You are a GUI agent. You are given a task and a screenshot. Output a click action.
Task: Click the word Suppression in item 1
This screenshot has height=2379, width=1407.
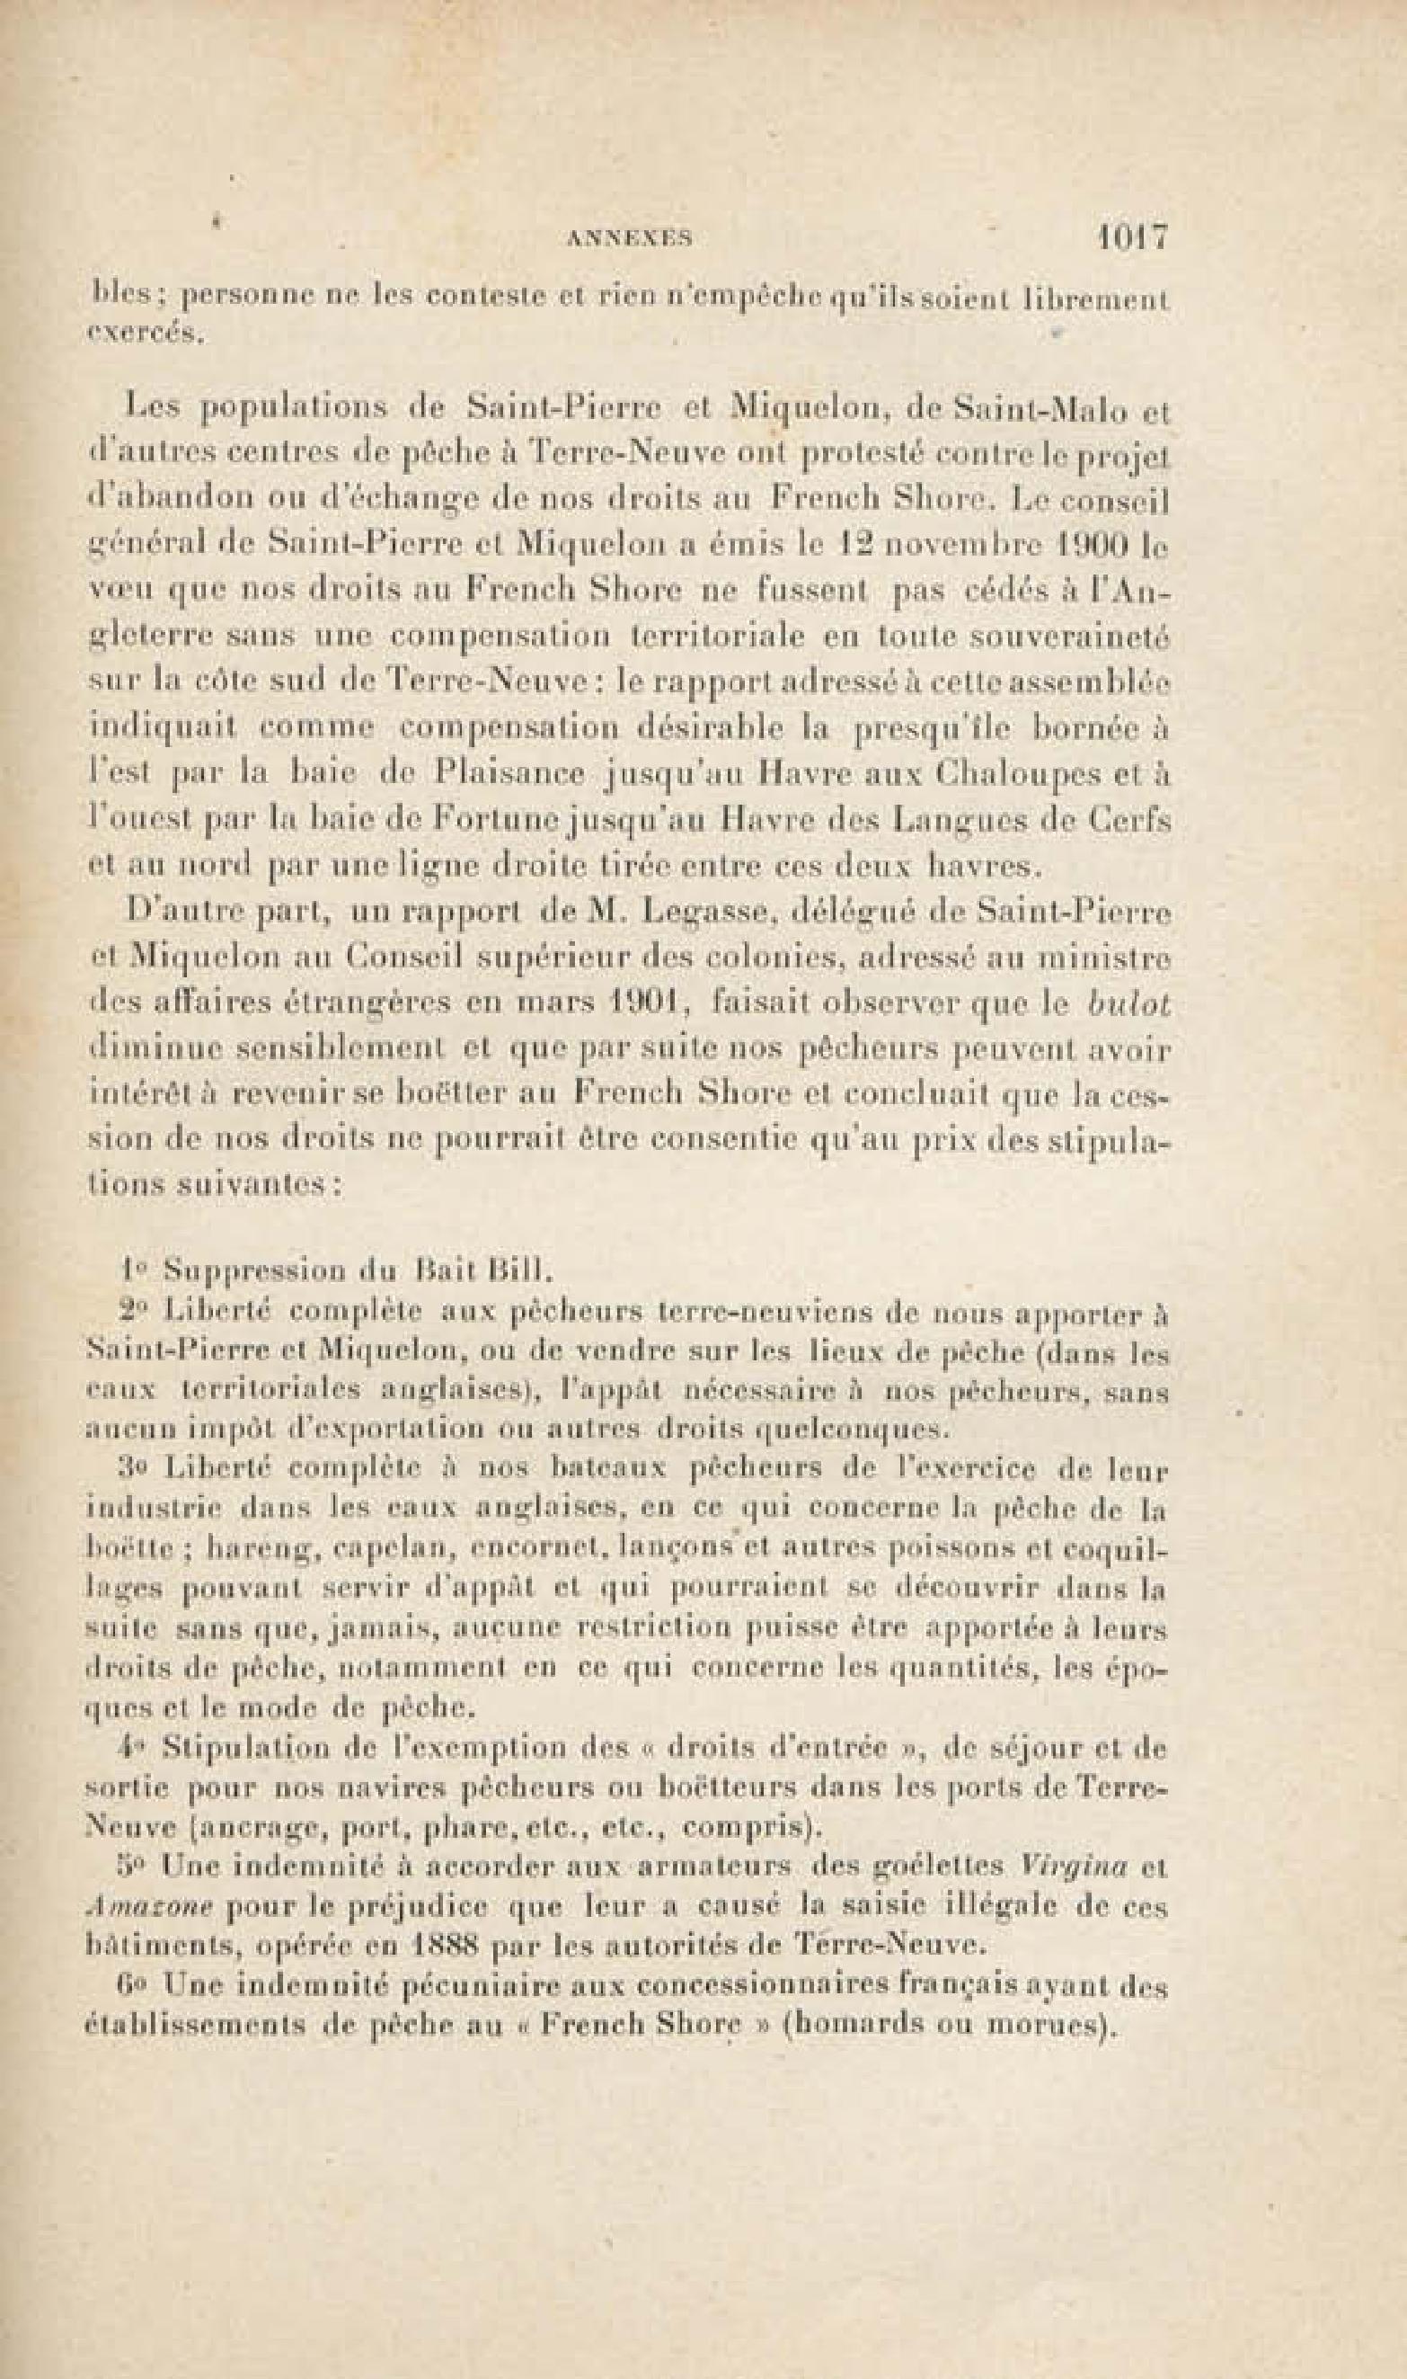tap(255, 1269)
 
